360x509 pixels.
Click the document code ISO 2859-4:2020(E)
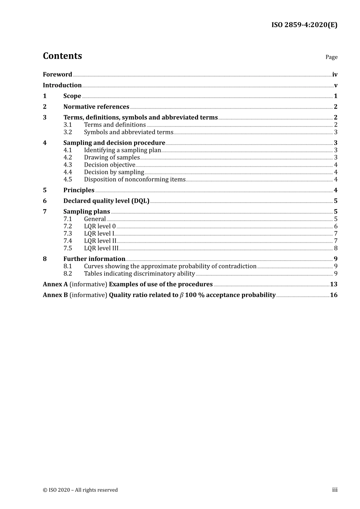click(x=304, y=25)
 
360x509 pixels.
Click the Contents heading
click(x=62, y=56)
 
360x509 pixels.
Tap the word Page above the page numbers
click(x=331, y=57)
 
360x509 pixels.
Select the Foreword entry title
click(x=57, y=74)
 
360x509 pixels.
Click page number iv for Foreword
click(x=335, y=75)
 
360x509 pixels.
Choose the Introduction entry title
click(x=62, y=85)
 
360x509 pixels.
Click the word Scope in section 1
click(x=72, y=96)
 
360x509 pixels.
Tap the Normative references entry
click(x=96, y=107)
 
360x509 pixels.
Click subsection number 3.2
click(x=67, y=132)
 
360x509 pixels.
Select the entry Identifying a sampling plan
click(x=122, y=150)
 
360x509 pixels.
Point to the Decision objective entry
click(x=110, y=165)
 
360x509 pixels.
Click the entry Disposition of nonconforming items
click(x=135, y=180)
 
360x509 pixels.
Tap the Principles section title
click(x=79, y=190)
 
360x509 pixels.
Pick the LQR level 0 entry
click(x=100, y=226)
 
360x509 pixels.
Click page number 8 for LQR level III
click(x=336, y=248)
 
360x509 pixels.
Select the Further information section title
click(x=94, y=259)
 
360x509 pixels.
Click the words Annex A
click(x=53, y=284)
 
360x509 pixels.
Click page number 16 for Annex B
click(x=333, y=295)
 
